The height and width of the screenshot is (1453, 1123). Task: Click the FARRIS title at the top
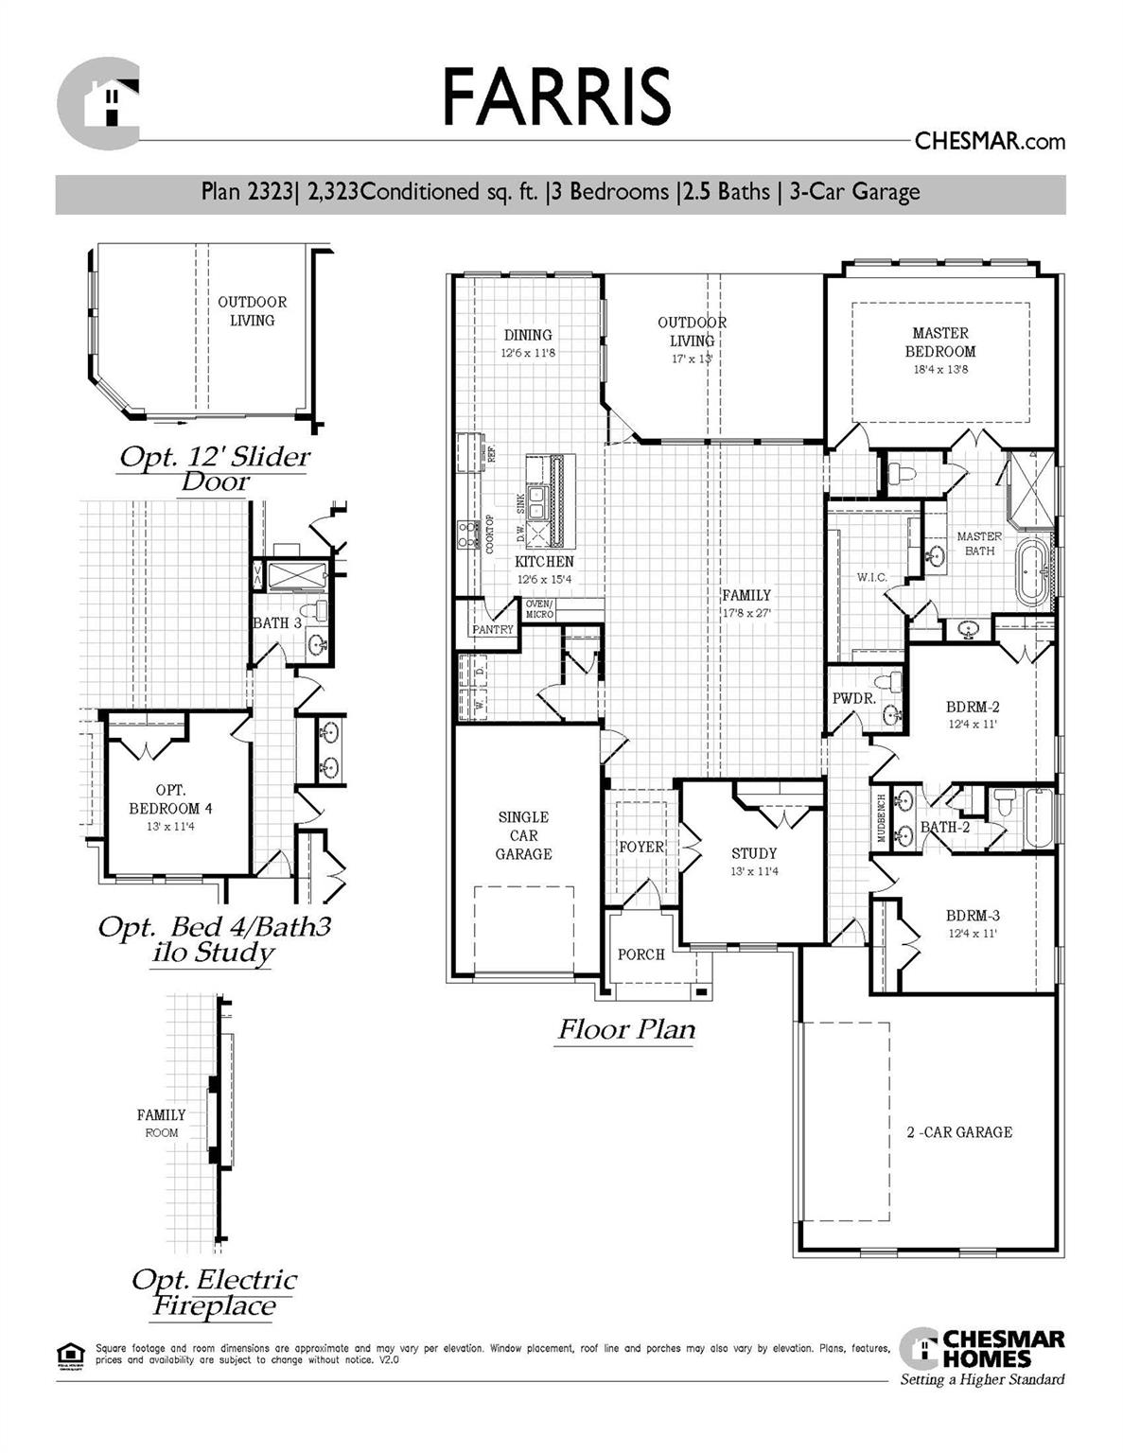tap(556, 96)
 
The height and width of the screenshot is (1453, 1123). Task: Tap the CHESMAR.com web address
tap(989, 142)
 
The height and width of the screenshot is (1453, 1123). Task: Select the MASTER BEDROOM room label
tap(939, 341)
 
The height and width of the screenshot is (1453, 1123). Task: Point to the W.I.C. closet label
tap(870, 576)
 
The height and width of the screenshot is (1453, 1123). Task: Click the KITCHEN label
tap(544, 562)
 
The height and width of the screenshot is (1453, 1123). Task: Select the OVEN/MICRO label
tap(539, 609)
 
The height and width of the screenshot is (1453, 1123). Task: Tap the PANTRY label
tap(492, 629)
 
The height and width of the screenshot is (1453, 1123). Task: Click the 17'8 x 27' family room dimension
tap(746, 613)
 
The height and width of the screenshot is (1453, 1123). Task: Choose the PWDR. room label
tap(853, 699)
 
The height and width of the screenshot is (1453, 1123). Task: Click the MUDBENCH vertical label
tap(881, 817)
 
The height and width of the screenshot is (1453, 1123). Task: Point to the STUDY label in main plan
tap(753, 853)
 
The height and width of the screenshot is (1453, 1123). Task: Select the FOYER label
tap(640, 847)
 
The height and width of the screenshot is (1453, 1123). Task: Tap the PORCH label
tap(640, 954)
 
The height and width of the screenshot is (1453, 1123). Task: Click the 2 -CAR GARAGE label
tap(958, 1131)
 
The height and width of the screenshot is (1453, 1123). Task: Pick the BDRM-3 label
tap(972, 916)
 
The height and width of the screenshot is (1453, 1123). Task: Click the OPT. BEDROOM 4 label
tap(170, 799)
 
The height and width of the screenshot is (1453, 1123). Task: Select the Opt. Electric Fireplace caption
tap(214, 1293)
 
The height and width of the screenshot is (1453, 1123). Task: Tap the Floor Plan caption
tap(625, 1029)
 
